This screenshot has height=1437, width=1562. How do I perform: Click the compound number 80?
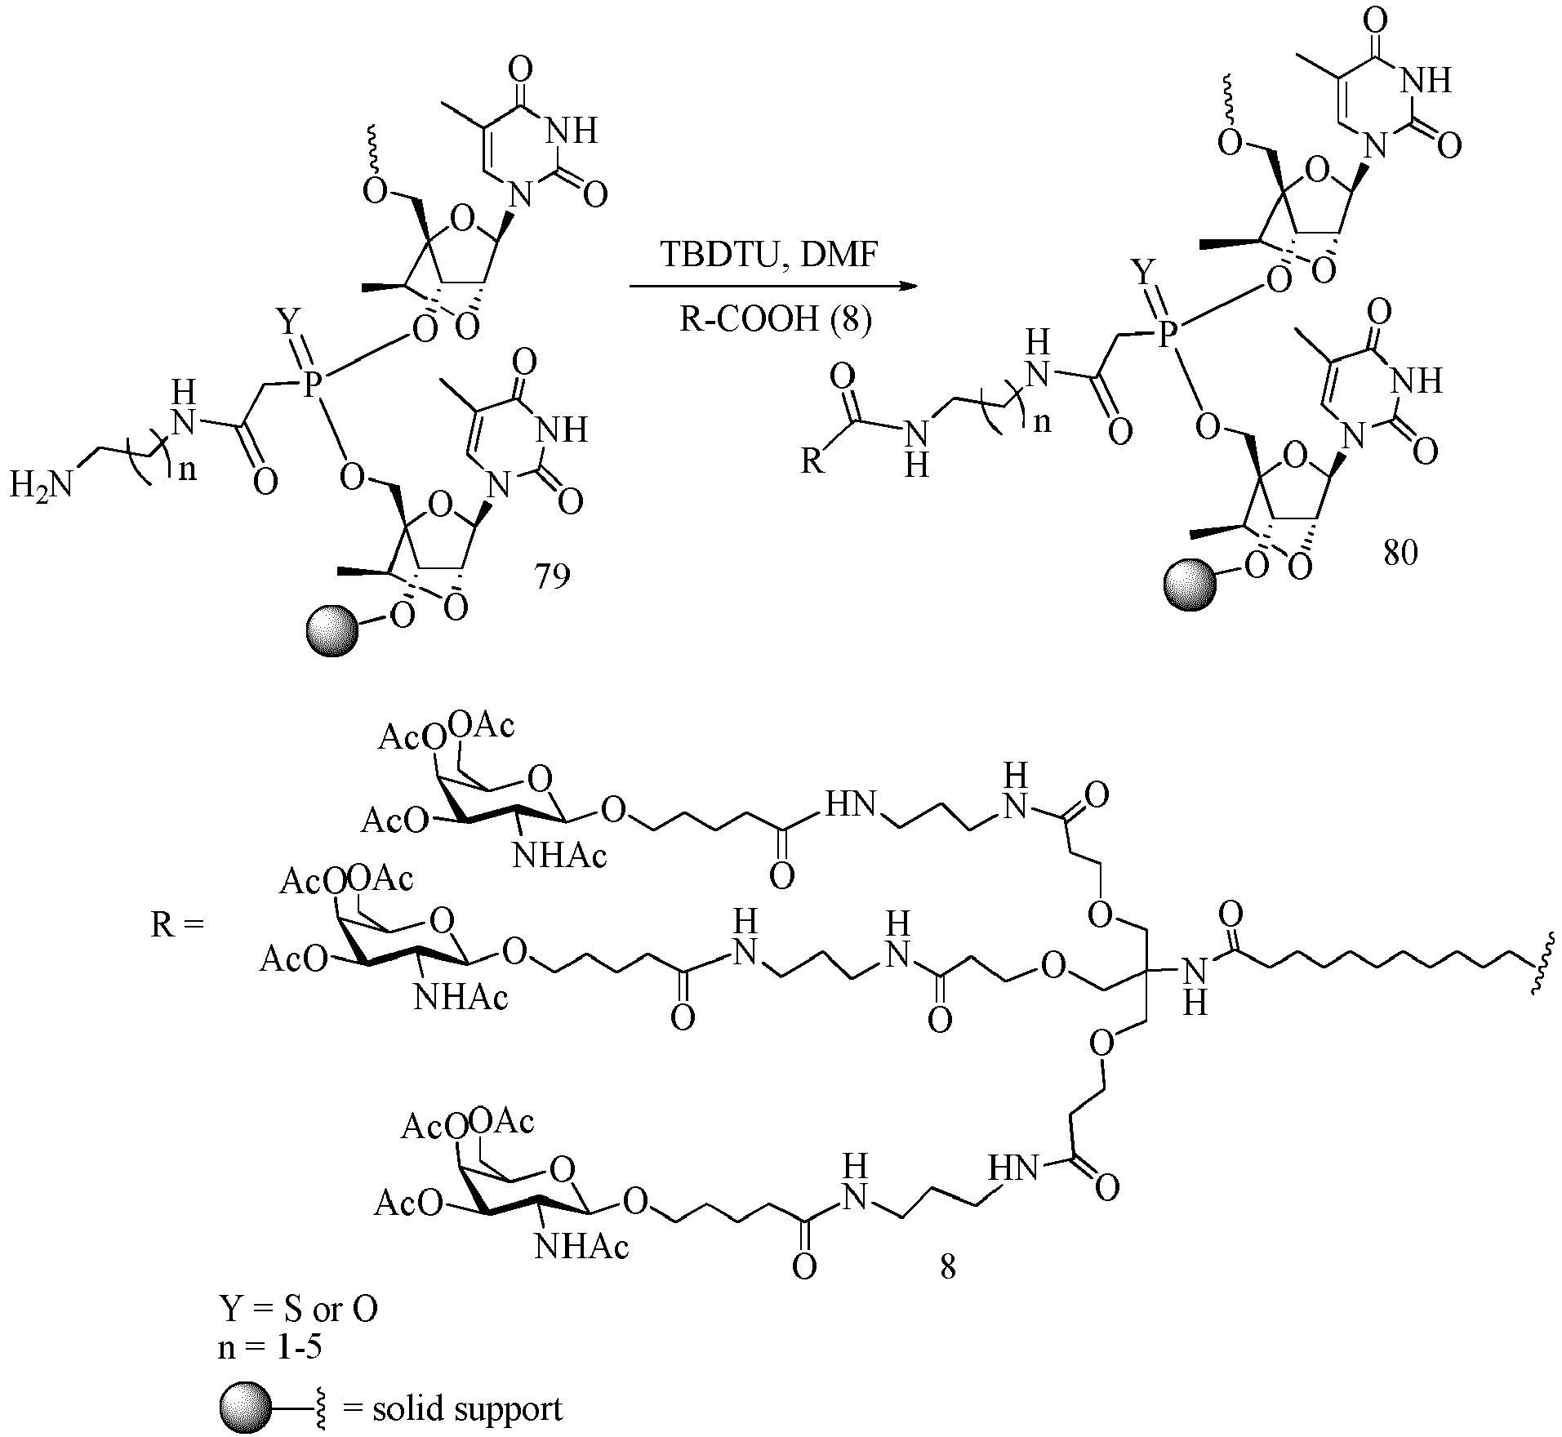point(1400,554)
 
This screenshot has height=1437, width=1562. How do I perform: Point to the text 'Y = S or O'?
point(298,1310)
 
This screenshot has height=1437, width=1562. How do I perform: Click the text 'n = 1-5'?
point(269,1347)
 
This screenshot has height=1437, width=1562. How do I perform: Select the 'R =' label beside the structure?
point(176,926)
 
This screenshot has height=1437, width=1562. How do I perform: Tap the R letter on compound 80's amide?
point(812,461)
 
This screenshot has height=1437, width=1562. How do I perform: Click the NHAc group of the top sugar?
point(560,856)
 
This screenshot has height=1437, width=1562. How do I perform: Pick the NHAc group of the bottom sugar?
point(582,1245)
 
